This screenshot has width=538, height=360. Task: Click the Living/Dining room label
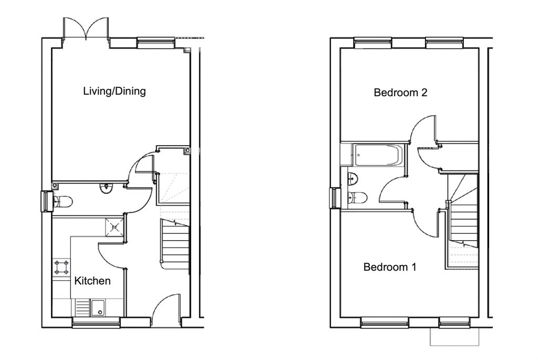[115, 91]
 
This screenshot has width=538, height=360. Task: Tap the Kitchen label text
[92, 281]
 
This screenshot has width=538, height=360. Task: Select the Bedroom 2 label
[400, 92]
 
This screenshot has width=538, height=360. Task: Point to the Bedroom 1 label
[390, 266]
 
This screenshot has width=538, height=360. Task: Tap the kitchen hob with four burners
[61, 268]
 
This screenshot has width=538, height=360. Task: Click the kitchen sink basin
[98, 307]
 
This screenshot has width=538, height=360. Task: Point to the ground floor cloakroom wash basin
[106, 188]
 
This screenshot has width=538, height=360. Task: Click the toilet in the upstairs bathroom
[357, 198]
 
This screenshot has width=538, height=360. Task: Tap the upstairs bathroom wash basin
[353, 178]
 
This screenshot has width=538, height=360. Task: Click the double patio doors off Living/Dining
[86, 29]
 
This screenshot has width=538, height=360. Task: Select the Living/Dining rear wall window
[156, 43]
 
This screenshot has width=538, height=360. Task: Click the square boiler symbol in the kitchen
[114, 227]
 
